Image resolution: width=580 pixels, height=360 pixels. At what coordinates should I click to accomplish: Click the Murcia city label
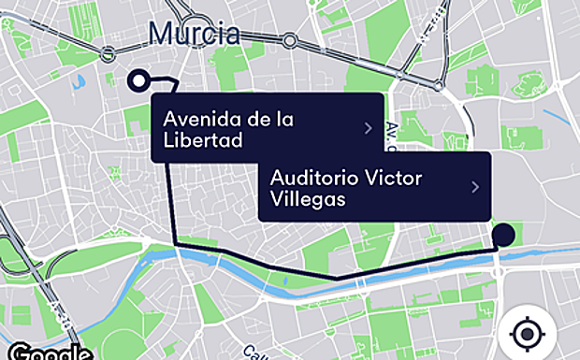click(193, 35)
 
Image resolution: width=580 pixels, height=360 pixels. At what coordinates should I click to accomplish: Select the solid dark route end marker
click(505, 235)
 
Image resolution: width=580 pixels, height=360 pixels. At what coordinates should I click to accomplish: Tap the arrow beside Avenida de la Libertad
click(369, 128)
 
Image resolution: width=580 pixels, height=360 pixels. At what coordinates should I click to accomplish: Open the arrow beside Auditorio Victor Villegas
click(475, 187)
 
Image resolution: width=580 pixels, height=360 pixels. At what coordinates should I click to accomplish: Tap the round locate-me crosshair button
click(529, 334)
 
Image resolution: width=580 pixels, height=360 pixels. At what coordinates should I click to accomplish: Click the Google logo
click(42, 353)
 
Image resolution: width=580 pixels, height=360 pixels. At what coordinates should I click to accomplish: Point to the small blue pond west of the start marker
click(77, 81)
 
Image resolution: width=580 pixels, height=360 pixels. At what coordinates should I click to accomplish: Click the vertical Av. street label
click(392, 137)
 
